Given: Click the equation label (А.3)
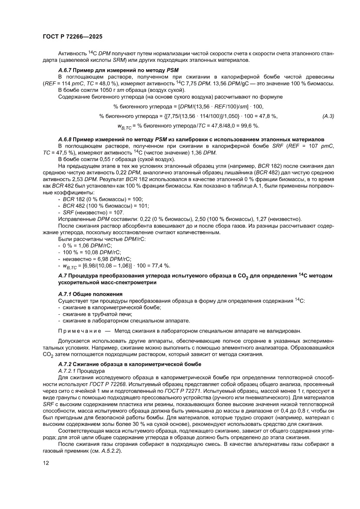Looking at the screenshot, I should click(328, 116).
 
